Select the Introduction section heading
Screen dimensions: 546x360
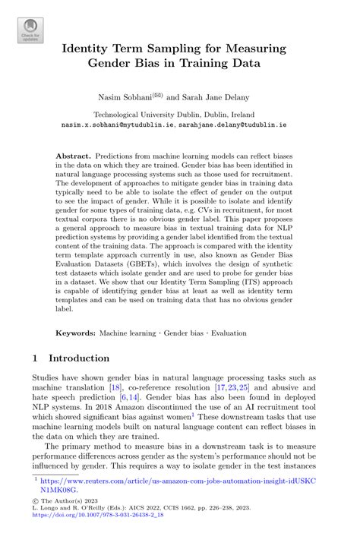point(79,358)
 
